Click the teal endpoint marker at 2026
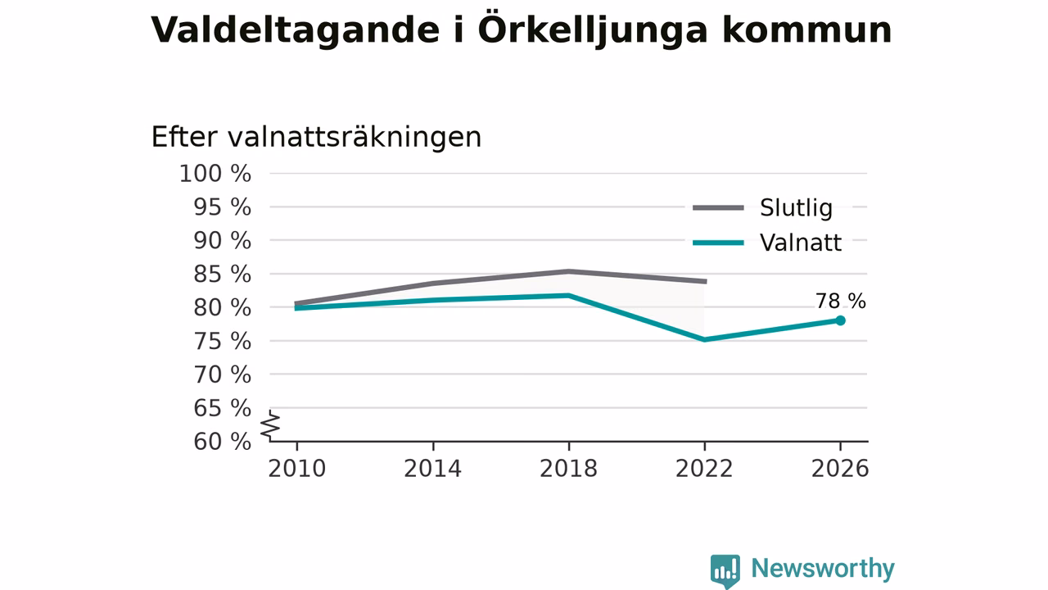pos(840,320)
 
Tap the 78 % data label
pos(841,301)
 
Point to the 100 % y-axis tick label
pos(215,173)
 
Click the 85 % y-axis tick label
pos(222,274)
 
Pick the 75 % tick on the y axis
pos(222,341)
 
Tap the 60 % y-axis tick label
pos(222,441)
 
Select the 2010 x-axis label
pos(296,468)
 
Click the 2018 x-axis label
pos(568,468)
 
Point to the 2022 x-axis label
pos(704,468)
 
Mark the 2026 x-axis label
pos(840,468)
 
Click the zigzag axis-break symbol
pos(270,425)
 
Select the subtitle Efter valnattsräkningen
pos(316,137)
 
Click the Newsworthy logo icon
pos(725,571)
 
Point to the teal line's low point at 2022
pos(705,339)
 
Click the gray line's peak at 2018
pos(568,271)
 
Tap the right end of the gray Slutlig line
pos(706,281)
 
